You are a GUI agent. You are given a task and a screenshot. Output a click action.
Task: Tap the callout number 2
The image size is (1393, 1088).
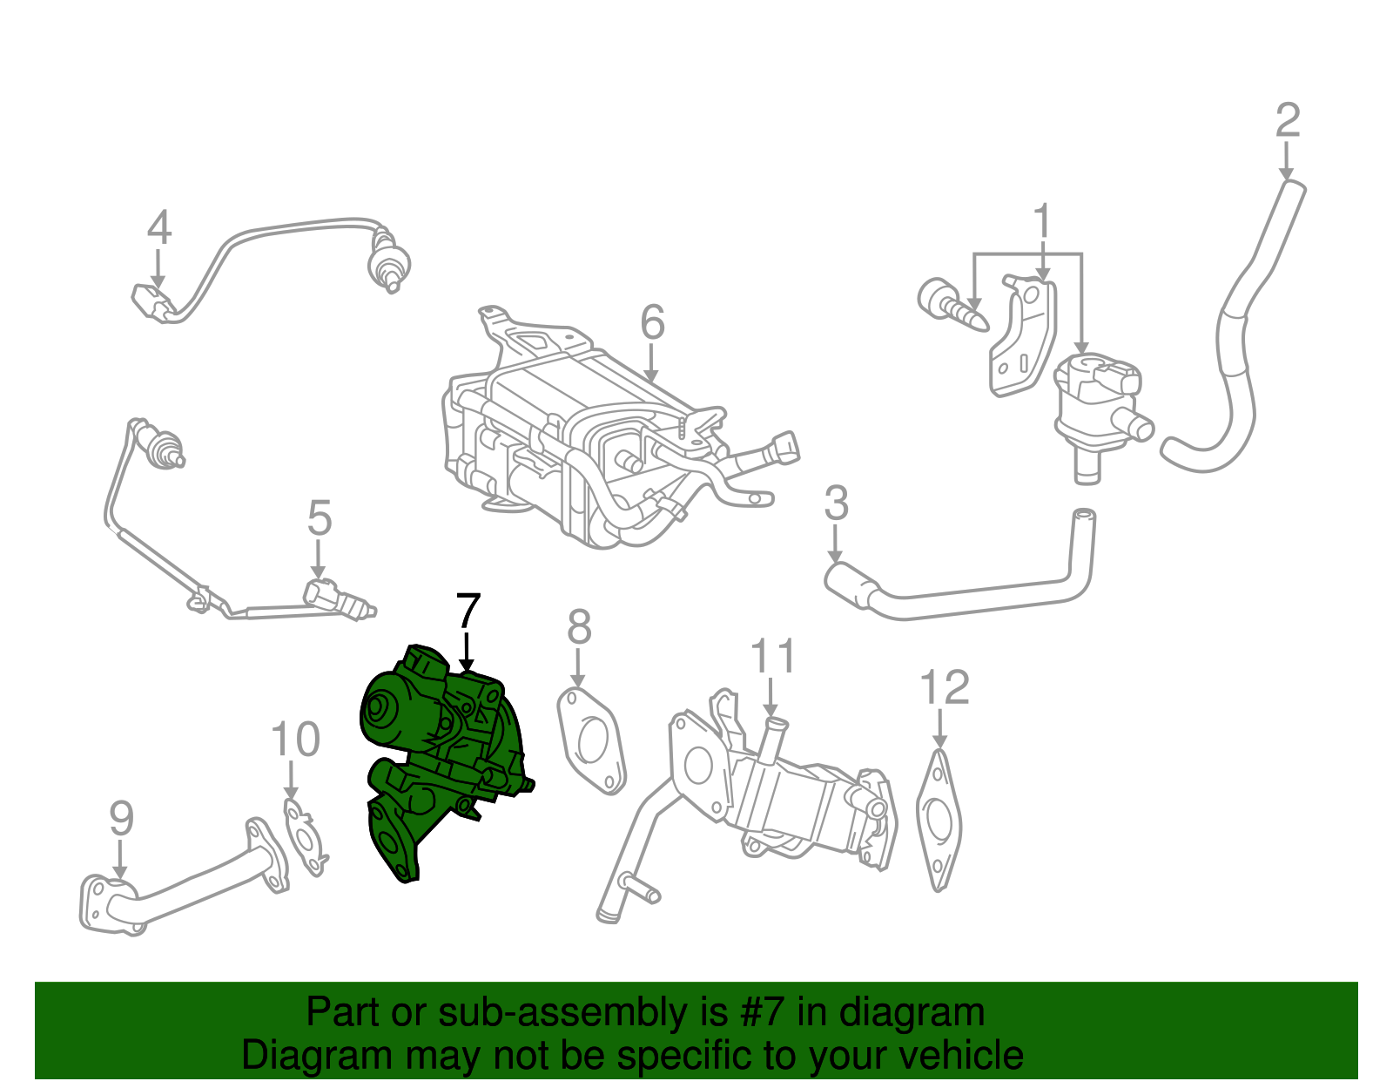coord(1287,121)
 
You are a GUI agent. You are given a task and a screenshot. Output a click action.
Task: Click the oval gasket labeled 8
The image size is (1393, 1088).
coord(591,740)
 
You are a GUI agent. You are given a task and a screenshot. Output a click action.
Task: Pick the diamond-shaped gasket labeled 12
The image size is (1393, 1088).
coord(939,819)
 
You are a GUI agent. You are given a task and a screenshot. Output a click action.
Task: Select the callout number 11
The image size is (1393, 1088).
coord(772,656)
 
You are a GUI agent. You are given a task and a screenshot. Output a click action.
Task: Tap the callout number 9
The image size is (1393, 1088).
coord(122,819)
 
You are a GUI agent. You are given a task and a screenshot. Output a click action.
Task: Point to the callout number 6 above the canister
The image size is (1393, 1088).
coord(652,322)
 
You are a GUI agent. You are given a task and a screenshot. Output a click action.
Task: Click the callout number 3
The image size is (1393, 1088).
coord(836,503)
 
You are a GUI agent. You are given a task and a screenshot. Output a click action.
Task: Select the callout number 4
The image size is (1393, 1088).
coord(158,228)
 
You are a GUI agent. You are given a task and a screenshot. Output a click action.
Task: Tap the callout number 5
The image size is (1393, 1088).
coord(320,518)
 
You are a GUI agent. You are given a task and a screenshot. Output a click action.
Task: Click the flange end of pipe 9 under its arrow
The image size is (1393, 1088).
coord(109,906)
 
